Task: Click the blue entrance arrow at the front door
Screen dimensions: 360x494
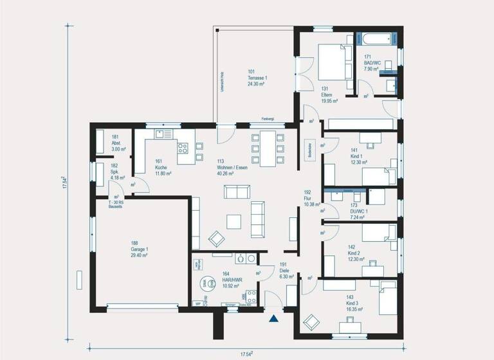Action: tap(275, 318)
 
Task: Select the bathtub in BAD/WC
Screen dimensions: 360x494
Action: tap(378, 39)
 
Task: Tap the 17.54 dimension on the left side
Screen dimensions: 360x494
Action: tap(65, 181)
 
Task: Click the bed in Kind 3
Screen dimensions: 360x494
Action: tap(388, 298)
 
